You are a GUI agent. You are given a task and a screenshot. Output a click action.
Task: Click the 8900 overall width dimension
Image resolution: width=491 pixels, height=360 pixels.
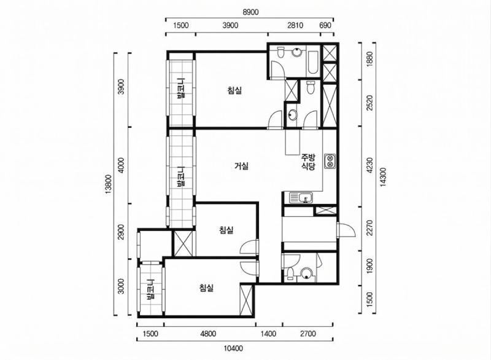click(250, 12)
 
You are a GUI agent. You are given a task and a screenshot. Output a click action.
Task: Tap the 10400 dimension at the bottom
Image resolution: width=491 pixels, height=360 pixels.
click(233, 348)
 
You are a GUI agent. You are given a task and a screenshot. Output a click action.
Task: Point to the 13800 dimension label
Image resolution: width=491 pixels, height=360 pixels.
click(109, 184)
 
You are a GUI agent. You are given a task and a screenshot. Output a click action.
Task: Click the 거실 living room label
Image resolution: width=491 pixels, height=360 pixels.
click(241, 166)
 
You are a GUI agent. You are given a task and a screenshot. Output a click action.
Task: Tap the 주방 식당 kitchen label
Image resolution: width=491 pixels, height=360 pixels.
click(308, 162)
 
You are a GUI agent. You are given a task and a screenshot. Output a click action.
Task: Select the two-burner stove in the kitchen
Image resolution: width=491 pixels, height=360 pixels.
click(330, 161)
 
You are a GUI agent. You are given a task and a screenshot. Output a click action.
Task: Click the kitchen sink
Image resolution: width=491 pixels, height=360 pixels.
click(301, 198)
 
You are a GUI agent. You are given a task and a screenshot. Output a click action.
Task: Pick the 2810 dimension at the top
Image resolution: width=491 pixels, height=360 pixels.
click(295, 25)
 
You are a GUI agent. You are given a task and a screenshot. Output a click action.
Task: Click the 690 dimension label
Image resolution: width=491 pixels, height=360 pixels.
click(326, 25)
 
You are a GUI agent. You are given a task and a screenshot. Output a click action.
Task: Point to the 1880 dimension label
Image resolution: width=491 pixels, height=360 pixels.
click(370, 58)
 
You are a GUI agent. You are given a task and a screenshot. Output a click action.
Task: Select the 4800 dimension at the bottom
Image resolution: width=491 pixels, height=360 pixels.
click(208, 334)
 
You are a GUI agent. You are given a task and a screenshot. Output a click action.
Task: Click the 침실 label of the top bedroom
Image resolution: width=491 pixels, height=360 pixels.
click(234, 91)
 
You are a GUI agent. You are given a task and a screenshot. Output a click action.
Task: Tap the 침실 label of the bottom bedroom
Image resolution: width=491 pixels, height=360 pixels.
click(206, 288)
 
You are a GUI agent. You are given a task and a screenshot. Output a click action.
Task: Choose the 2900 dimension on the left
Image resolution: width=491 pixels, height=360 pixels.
click(122, 232)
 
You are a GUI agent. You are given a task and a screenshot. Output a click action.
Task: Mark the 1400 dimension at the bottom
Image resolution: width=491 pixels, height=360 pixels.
click(268, 334)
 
